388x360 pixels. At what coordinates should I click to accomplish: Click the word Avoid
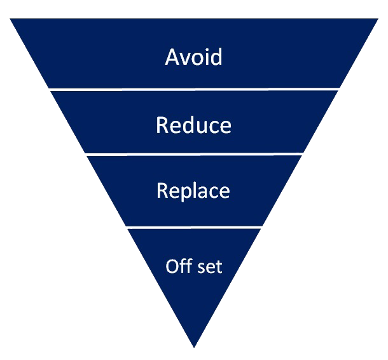193,57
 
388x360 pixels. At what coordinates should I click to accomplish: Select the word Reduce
193,125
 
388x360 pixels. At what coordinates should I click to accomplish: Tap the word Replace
193,191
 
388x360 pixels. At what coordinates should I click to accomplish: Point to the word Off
179,266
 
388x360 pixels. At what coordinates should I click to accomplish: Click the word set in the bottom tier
210,267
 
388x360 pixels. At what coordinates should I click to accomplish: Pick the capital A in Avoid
172,57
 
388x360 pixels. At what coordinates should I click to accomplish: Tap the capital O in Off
172,267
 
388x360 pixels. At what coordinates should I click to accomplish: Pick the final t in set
219,267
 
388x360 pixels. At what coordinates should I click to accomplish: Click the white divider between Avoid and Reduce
194,89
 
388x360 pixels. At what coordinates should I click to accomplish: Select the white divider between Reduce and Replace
194,155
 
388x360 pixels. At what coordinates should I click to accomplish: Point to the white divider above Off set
194,227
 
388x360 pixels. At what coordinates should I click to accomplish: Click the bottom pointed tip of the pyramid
194,348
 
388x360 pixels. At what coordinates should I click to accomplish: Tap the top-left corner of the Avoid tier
10,18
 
